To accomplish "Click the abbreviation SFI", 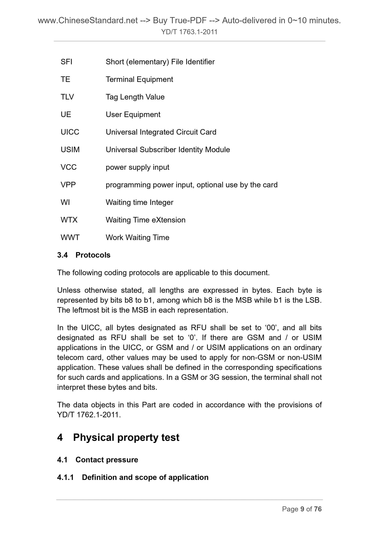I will coord(66,62).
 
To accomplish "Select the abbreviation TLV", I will coord(67,97).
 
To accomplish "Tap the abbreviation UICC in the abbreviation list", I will coord(70,132).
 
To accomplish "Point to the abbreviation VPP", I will coord(68,185).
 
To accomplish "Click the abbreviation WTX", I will coord(69,220).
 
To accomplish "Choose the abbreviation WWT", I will coord(70,238).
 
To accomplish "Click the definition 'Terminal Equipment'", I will coord(139,79).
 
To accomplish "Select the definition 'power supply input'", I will coord(137,167).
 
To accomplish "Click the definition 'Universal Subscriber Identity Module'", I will coord(168,150).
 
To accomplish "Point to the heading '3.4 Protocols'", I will coord(84,255).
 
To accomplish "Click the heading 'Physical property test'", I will coord(126,438).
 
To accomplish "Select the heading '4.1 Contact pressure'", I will coord(98,460).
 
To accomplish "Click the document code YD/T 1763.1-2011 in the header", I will coord(189,32).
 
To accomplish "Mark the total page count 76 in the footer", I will coord(318,509).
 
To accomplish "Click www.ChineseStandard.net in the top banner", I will coord(88,20).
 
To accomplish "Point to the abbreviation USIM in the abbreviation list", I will coord(70,150).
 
